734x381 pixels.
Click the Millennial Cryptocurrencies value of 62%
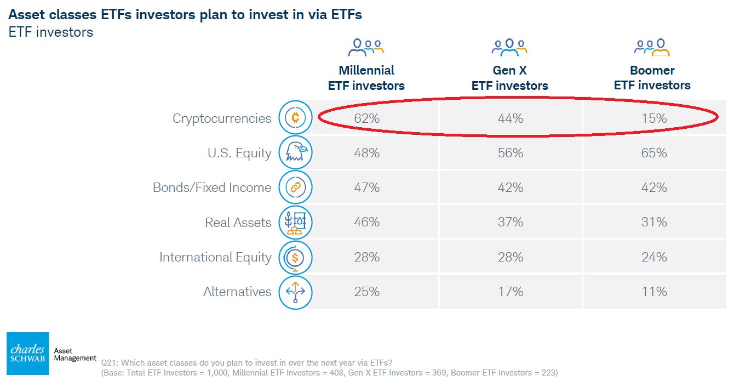tap(366, 118)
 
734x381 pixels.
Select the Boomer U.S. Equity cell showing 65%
tap(654, 153)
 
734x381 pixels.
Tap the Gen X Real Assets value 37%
tap(511, 222)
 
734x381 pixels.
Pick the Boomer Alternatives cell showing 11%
tap(654, 292)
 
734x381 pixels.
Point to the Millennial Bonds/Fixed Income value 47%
tap(366, 187)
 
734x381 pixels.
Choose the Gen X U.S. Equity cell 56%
tap(511, 153)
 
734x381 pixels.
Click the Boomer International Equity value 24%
tap(654, 257)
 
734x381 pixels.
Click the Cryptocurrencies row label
tap(222, 118)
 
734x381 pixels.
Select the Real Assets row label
tap(238, 223)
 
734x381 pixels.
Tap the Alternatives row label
tap(237, 292)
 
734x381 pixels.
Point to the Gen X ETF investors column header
tap(510, 78)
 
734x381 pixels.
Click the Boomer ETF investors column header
tap(652, 78)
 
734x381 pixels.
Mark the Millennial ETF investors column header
tap(366, 78)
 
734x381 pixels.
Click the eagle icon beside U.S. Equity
tap(295, 152)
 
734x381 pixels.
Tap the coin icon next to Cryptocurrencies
tap(295, 118)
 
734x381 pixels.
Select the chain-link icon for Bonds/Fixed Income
tap(295, 187)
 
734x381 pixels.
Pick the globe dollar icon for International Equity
tap(295, 257)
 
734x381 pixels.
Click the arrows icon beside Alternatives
tap(295, 292)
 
